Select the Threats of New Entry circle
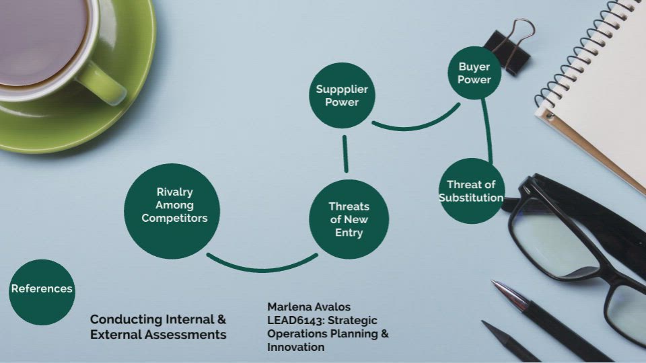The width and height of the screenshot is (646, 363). click(x=349, y=219)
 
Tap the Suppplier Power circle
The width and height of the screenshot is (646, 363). click(x=342, y=95)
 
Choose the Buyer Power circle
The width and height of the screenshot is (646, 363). click(x=474, y=73)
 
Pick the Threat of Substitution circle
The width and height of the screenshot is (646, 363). click(x=471, y=191)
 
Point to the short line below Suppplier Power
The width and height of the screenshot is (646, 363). click(x=345, y=154)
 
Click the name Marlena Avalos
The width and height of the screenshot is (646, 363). click(x=309, y=307)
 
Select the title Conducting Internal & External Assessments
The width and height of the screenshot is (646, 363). click(x=158, y=327)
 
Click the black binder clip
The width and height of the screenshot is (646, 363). click(x=509, y=48)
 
